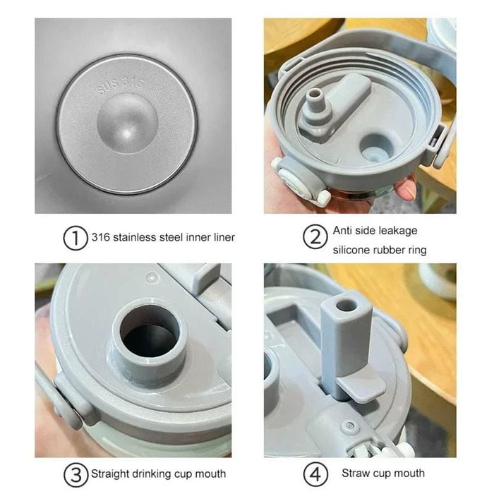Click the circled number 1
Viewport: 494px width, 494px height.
[x=76, y=239]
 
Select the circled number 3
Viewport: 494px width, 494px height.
[x=76, y=474]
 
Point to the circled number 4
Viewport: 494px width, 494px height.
[x=315, y=474]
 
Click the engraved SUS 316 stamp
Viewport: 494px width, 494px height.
[x=120, y=85]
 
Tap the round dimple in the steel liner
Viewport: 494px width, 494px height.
[x=127, y=123]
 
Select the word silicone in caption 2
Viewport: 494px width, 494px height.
[x=351, y=250]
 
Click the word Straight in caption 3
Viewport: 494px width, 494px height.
[x=110, y=474]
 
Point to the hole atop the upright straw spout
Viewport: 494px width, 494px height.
[x=347, y=306]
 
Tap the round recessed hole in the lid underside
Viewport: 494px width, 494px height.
[x=377, y=149]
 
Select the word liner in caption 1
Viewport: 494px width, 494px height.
[x=224, y=237]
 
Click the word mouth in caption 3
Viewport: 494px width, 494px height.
[x=210, y=474]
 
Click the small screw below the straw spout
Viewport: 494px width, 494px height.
[x=349, y=426]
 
